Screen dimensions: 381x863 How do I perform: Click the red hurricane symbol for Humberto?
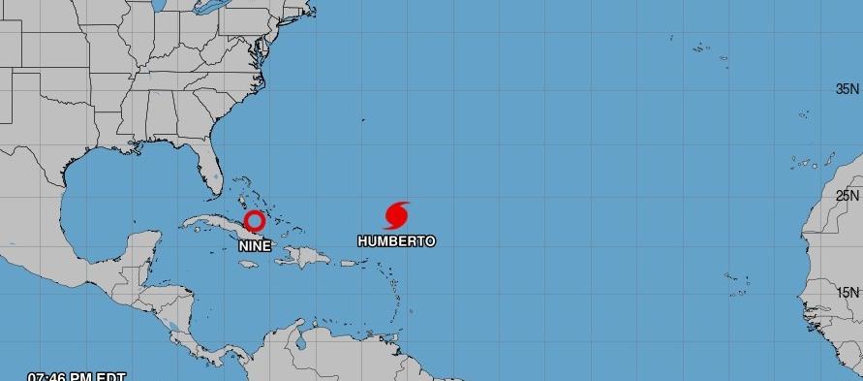(x=397, y=214)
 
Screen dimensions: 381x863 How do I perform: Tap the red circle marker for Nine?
(x=255, y=221)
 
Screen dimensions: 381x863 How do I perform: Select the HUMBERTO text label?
(x=396, y=240)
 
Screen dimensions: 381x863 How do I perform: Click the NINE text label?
(x=255, y=245)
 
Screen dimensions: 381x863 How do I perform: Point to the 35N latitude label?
(x=848, y=89)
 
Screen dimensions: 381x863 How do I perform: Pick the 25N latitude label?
(x=848, y=196)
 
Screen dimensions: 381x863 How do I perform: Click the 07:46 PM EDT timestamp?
(x=77, y=376)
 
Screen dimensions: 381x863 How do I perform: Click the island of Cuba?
(x=218, y=227)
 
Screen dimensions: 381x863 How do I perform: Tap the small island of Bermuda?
(x=362, y=120)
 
